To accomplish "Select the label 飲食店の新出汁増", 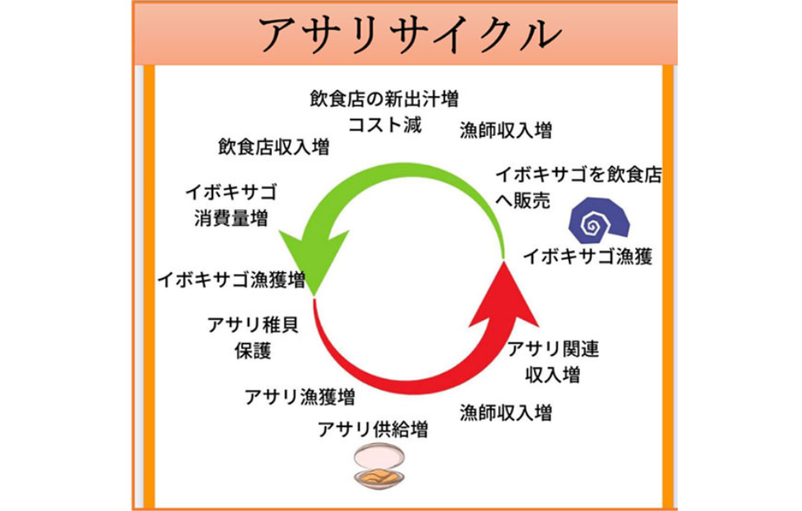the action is click(x=384, y=99).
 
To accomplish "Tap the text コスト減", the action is click(x=384, y=125).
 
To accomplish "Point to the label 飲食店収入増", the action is click(x=273, y=147).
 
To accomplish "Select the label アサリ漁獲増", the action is click(x=300, y=396).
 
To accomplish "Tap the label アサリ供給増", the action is click(x=373, y=430).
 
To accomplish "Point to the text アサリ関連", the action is click(x=553, y=349).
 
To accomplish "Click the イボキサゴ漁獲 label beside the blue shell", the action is click(x=588, y=258).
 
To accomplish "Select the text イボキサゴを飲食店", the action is click(x=578, y=175).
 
